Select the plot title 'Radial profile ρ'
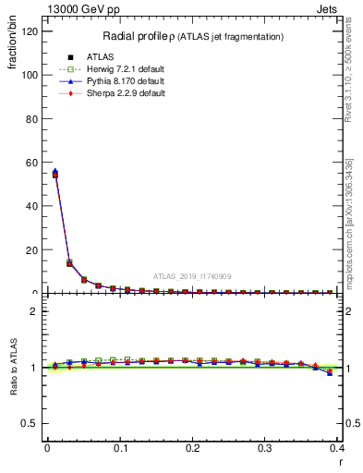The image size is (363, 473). pos(143,36)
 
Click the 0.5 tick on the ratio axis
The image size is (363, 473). pos(31,424)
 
